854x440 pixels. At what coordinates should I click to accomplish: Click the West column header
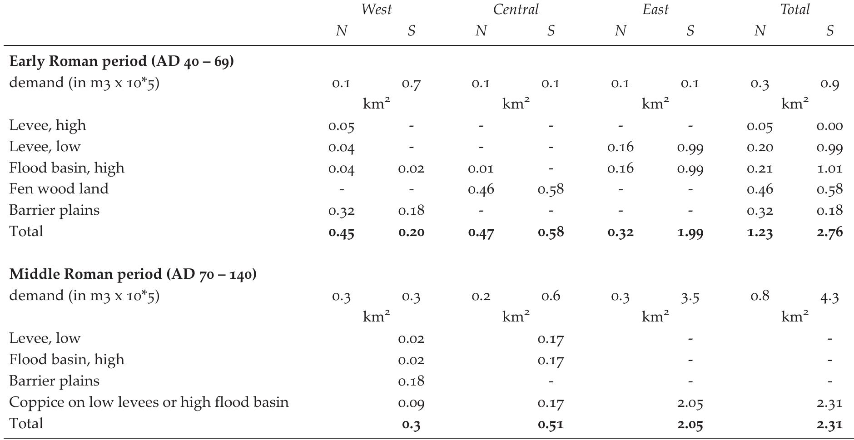tap(376, 10)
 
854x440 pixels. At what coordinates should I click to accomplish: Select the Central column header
tap(516, 10)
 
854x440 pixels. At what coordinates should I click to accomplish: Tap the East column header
tap(655, 10)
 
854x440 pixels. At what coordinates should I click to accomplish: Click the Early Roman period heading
tap(121, 61)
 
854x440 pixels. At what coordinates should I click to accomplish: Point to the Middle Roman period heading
tap(133, 274)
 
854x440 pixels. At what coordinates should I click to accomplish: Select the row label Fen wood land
tap(59, 189)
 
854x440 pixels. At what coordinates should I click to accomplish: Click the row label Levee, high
tap(47, 125)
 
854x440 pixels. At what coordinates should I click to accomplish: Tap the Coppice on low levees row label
tap(149, 402)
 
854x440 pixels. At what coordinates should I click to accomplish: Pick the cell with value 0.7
tap(411, 84)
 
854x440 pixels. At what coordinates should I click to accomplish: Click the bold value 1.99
tap(690, 232)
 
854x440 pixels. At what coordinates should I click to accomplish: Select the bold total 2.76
tap(829, 232)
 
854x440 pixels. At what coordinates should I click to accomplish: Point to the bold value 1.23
tap(760, 232)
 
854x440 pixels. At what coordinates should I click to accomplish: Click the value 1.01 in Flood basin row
tap(829, 168)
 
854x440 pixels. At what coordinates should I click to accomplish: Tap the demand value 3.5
tap(690, 297)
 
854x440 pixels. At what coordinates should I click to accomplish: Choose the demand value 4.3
tap(829, 297)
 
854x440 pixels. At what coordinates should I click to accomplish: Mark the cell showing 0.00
tap(829, 126)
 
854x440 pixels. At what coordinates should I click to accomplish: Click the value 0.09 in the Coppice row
tap(411, 403)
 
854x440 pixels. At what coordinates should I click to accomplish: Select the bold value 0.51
tap(551, 424)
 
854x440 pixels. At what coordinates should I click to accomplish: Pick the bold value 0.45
tap(341, 232)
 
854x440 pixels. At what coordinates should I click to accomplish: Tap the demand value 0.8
tap(760, 296)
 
